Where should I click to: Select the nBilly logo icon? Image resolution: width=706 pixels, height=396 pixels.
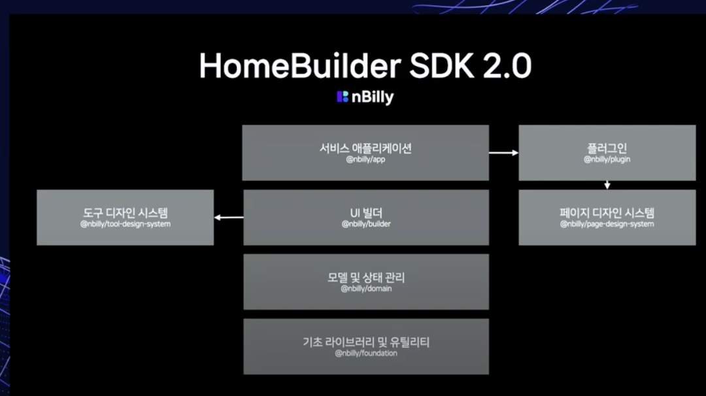click(343, 97)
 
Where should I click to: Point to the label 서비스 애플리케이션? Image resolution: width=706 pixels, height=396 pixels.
click(365, 148)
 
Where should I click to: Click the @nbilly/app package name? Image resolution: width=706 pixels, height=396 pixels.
click(365, 159)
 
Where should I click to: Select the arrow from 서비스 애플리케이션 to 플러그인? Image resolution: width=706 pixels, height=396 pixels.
click(503, 153)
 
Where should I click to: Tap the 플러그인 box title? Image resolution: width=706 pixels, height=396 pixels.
click(607, 148)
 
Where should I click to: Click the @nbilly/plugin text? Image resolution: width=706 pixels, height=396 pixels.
click(607, 159)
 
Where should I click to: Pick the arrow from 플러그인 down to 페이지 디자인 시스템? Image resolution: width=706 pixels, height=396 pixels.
click(607, 185)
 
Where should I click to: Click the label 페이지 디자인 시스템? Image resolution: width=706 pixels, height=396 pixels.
click(607, 213)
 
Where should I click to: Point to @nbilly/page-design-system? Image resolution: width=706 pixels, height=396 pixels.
click(607, 224)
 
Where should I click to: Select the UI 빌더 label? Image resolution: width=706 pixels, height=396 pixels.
click(365, 213)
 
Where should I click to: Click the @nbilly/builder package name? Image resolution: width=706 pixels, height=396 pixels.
click(365, 224)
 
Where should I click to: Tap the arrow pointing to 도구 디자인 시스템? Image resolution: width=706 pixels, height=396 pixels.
click(228, 218)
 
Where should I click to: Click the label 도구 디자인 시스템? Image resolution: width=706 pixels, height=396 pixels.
click(125, 213)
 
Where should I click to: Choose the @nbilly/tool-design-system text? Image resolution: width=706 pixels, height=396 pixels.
click(125, 224)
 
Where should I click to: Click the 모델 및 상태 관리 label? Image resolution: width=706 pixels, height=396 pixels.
click(365, 278)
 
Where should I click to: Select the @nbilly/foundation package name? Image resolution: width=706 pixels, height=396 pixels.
click(365, 354)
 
